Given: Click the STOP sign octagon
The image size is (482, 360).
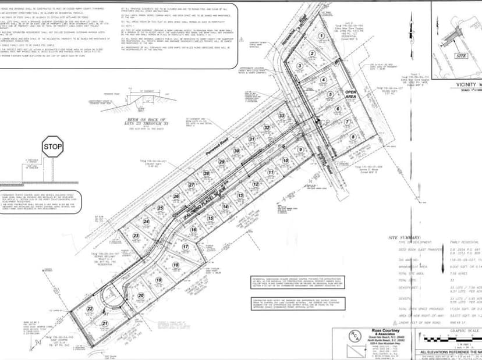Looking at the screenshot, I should point(52,147).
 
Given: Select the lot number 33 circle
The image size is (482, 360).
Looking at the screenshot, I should point(281,116).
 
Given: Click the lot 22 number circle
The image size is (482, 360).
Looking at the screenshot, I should point(90,309).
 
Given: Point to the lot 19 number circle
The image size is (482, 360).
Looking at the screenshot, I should point(158,280).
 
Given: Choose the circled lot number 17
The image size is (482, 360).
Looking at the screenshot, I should point(186,247).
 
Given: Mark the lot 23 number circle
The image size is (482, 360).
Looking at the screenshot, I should point(136,236).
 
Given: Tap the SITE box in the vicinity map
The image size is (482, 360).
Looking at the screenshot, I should point(461,56).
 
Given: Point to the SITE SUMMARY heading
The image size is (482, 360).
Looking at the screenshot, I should point(408,238).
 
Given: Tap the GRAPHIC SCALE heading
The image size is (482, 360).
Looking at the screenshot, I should point(463,329).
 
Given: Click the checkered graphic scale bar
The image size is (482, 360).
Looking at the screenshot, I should point(454,340).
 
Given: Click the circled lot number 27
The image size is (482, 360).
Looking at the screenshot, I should point(191,185).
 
